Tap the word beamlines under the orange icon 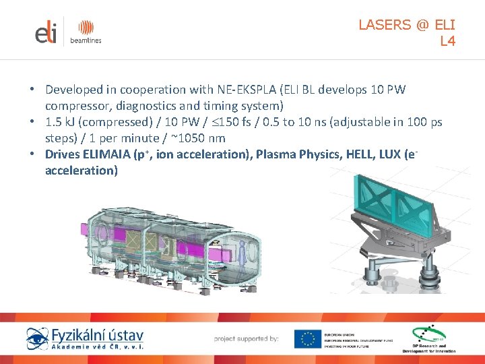tap(86, 41)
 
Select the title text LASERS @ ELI tap(407, 25)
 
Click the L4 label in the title tap(447, 41)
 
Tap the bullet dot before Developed tap(32, 90)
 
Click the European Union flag tap(307, 338)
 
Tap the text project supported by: tap(246, 338)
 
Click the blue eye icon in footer tap(38, 338)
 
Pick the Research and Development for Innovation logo tap(428, 338)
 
